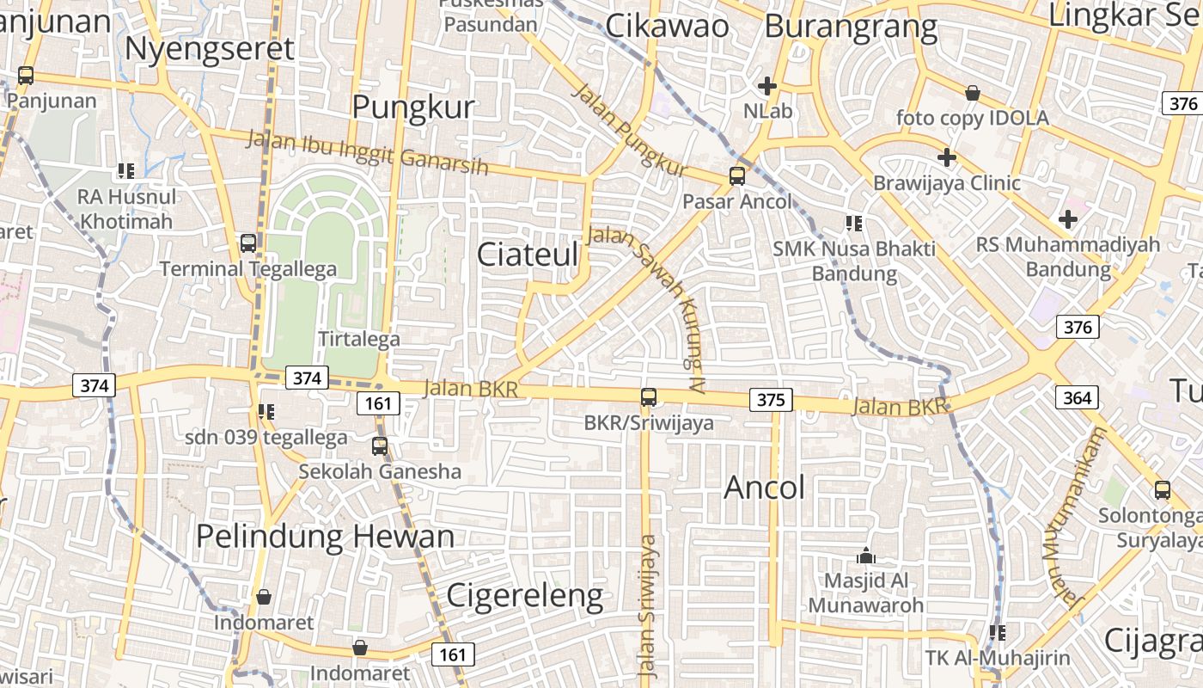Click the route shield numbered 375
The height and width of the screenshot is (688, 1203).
click(x=771, y=400)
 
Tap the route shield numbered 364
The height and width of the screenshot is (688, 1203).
click(x=1077, y=397)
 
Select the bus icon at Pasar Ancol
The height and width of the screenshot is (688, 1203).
click(x=736, y=176)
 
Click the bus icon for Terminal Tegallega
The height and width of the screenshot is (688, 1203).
click(x=248, y=243)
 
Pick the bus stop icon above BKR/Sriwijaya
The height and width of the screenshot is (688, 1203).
click(x=649, y=397)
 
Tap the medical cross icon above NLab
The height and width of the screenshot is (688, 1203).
click(x=767, y=86)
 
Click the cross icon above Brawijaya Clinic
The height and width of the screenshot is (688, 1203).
click(x=947, y=157)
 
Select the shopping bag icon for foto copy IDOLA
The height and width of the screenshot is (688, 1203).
click(x=973, y=92)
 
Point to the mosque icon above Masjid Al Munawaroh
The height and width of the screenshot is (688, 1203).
click(x=866, y=556)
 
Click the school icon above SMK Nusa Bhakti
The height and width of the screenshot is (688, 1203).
click(x=853, y=224)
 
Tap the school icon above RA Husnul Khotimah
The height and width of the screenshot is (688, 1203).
click(x=126, y=170)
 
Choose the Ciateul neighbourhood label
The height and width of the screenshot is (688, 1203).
click(x=528, y=254)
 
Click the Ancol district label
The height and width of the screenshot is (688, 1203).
click(x=765, y=488)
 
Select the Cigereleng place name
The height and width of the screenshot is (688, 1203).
click(x=525, y=595)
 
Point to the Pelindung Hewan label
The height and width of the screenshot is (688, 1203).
click(x=325, y=537)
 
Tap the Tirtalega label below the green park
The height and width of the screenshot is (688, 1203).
click(x=359, y=339)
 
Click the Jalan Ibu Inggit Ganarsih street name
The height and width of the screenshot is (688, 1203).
click(x=368, y=151)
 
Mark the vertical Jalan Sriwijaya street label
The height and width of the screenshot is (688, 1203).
click(x=648, y=607)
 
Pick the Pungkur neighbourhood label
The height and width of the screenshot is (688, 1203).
click(x=413, y=107)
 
